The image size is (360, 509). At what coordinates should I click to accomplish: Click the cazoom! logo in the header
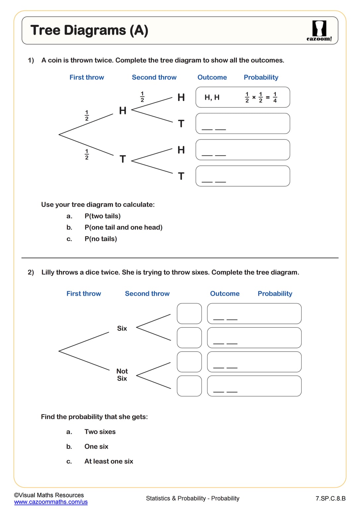(x=319, y=31)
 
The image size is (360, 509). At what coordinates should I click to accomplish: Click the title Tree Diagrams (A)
(x=89, y=30)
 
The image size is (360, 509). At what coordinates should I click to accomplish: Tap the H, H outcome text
(x=212, y=97)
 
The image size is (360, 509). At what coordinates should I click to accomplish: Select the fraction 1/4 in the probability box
(x=275, y=97)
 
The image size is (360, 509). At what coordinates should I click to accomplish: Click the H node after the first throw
(x=123, y=111)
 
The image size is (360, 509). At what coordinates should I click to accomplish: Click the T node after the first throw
(x=123, y=159)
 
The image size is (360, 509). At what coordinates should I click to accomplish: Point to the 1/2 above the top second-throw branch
(x=142, y=97)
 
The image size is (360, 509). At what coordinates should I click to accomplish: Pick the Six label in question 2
(x=122, y=328)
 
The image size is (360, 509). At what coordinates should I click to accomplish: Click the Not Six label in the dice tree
(x=122, y=375)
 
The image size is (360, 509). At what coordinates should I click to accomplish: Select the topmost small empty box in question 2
(x=189, y=313)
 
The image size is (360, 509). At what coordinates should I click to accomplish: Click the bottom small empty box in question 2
(x=189, y=386)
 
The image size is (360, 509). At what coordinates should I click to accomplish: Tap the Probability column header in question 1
(x=261, y=78)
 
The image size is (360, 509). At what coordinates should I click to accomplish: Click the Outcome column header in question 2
(x=225, y=294)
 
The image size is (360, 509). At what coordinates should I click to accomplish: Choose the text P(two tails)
(x=102, y=216)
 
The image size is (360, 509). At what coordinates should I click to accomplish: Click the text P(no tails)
(x=101, y=239)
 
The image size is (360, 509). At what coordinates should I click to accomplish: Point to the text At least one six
(x=109, y=461)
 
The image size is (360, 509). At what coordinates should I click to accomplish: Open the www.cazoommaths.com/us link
(x=51, y=502)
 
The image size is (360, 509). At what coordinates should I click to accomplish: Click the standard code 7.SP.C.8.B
(x=330, y=498)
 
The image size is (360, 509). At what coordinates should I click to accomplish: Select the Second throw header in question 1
(x=154, y=78)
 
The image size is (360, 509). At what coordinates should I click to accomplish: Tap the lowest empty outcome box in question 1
(x=243, y=176)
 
